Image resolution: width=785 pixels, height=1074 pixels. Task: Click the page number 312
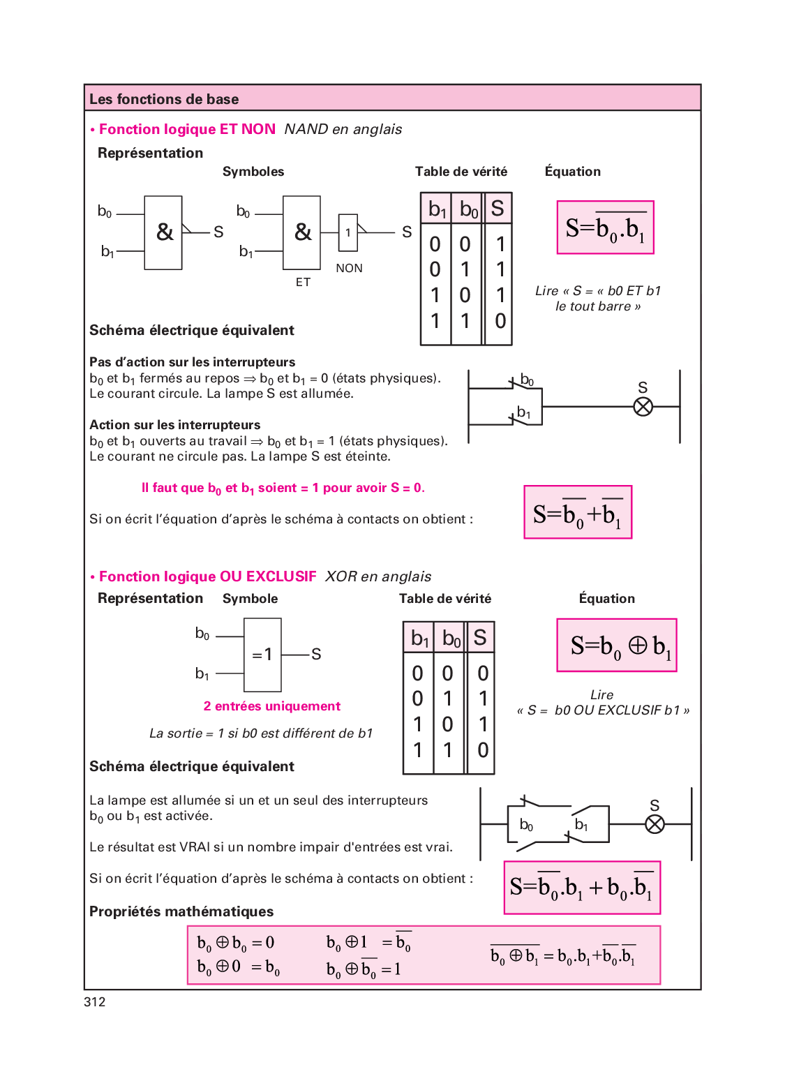(x=95, y=1002)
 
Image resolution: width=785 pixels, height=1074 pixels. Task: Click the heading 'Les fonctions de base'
(x=164, y=99)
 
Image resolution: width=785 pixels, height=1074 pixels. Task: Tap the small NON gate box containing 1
(x=348, y=232)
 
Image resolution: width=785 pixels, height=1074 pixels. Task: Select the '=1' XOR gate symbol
(x=262, y=655)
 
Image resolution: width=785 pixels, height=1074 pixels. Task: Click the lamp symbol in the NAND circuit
(x=643, y=406)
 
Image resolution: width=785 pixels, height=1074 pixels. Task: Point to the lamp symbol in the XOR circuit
(x=655, y=824)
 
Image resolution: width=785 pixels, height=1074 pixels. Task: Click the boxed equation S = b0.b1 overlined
(x=605, y=228)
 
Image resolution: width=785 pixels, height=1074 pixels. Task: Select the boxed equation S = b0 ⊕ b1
(x=617, y=646)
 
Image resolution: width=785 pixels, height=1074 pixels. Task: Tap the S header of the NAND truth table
(x=498, y=209)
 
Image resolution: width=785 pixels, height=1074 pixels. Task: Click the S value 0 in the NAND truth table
(x=500, y=321)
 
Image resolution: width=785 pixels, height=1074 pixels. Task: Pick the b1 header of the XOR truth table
(x=419, y=639)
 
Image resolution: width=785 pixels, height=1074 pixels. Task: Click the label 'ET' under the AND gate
(x=303, y=282)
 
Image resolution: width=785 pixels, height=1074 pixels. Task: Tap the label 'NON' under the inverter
(x=349, y=268)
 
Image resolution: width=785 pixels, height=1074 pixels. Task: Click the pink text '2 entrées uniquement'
(x=272, y=706)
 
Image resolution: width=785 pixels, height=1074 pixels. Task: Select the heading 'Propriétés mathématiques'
(x=181, y=911)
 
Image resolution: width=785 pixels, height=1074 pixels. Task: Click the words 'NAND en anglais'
(x=343, y=129)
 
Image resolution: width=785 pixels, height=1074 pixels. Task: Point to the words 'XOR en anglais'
(x=378, y=576)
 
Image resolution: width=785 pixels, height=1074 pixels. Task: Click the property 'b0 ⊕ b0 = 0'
(x=236, y=943)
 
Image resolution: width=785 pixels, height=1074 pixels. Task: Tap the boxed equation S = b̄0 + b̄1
(x=578, y=513)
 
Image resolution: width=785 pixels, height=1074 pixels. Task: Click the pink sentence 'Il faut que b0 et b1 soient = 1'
(x=283, y=488)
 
